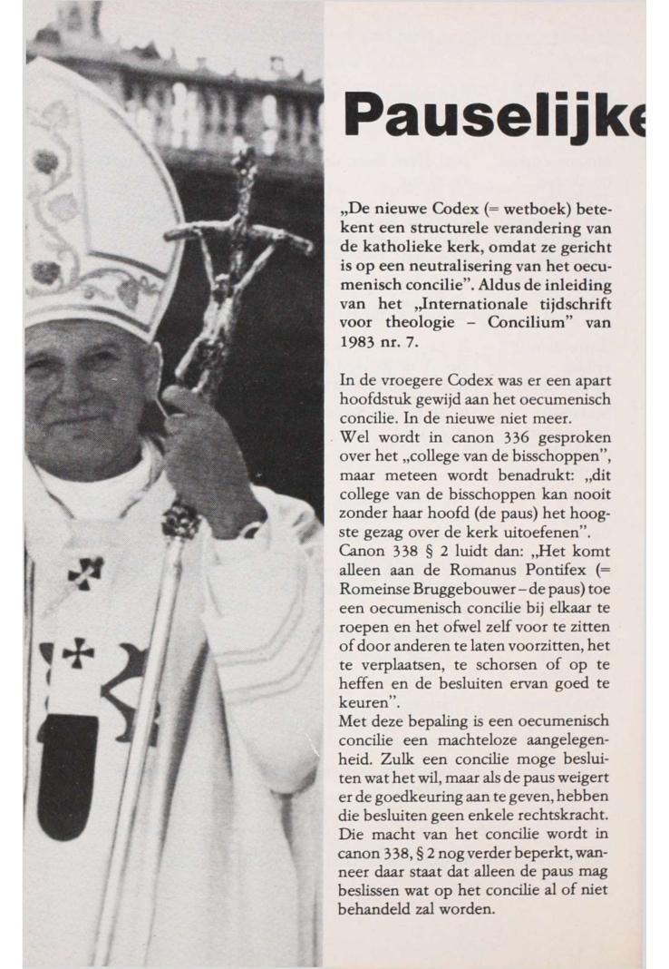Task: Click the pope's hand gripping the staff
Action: (x=204, y=445)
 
